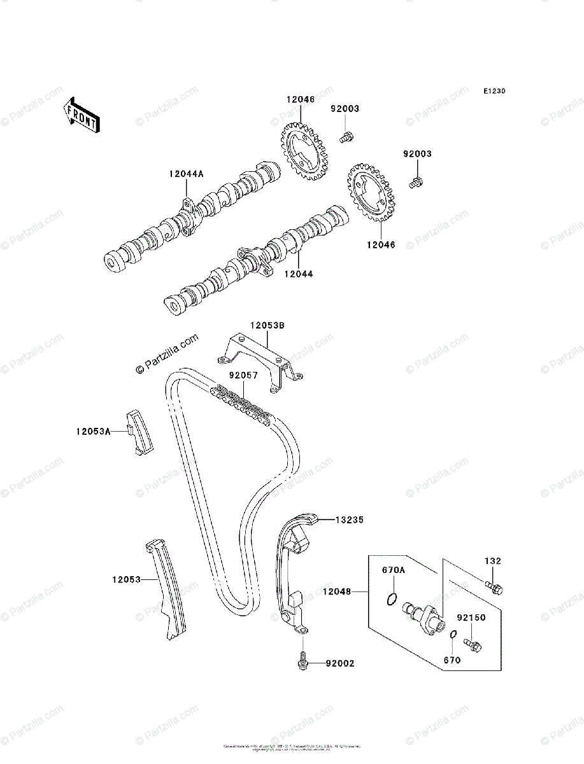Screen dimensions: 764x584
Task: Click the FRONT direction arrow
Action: coord(81,115)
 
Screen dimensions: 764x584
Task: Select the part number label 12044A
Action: coord(186,173)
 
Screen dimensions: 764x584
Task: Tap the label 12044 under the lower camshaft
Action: coord(299,273)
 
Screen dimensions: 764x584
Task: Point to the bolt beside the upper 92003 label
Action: coord(346,136)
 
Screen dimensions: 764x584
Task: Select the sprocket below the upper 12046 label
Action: coord(303,150)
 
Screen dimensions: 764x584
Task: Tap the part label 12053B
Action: coord(267,325)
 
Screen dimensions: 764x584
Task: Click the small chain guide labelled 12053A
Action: coord(138,431)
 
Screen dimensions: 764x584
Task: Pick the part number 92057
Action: coord(244,376)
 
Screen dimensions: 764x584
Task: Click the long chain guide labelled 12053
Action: coord(167,589)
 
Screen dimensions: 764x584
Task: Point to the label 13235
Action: coord(349,520)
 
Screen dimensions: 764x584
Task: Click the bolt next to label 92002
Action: coord(304,661)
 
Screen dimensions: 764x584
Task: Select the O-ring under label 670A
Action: coord(393,599)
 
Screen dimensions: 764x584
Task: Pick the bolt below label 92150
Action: coord(472,646)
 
